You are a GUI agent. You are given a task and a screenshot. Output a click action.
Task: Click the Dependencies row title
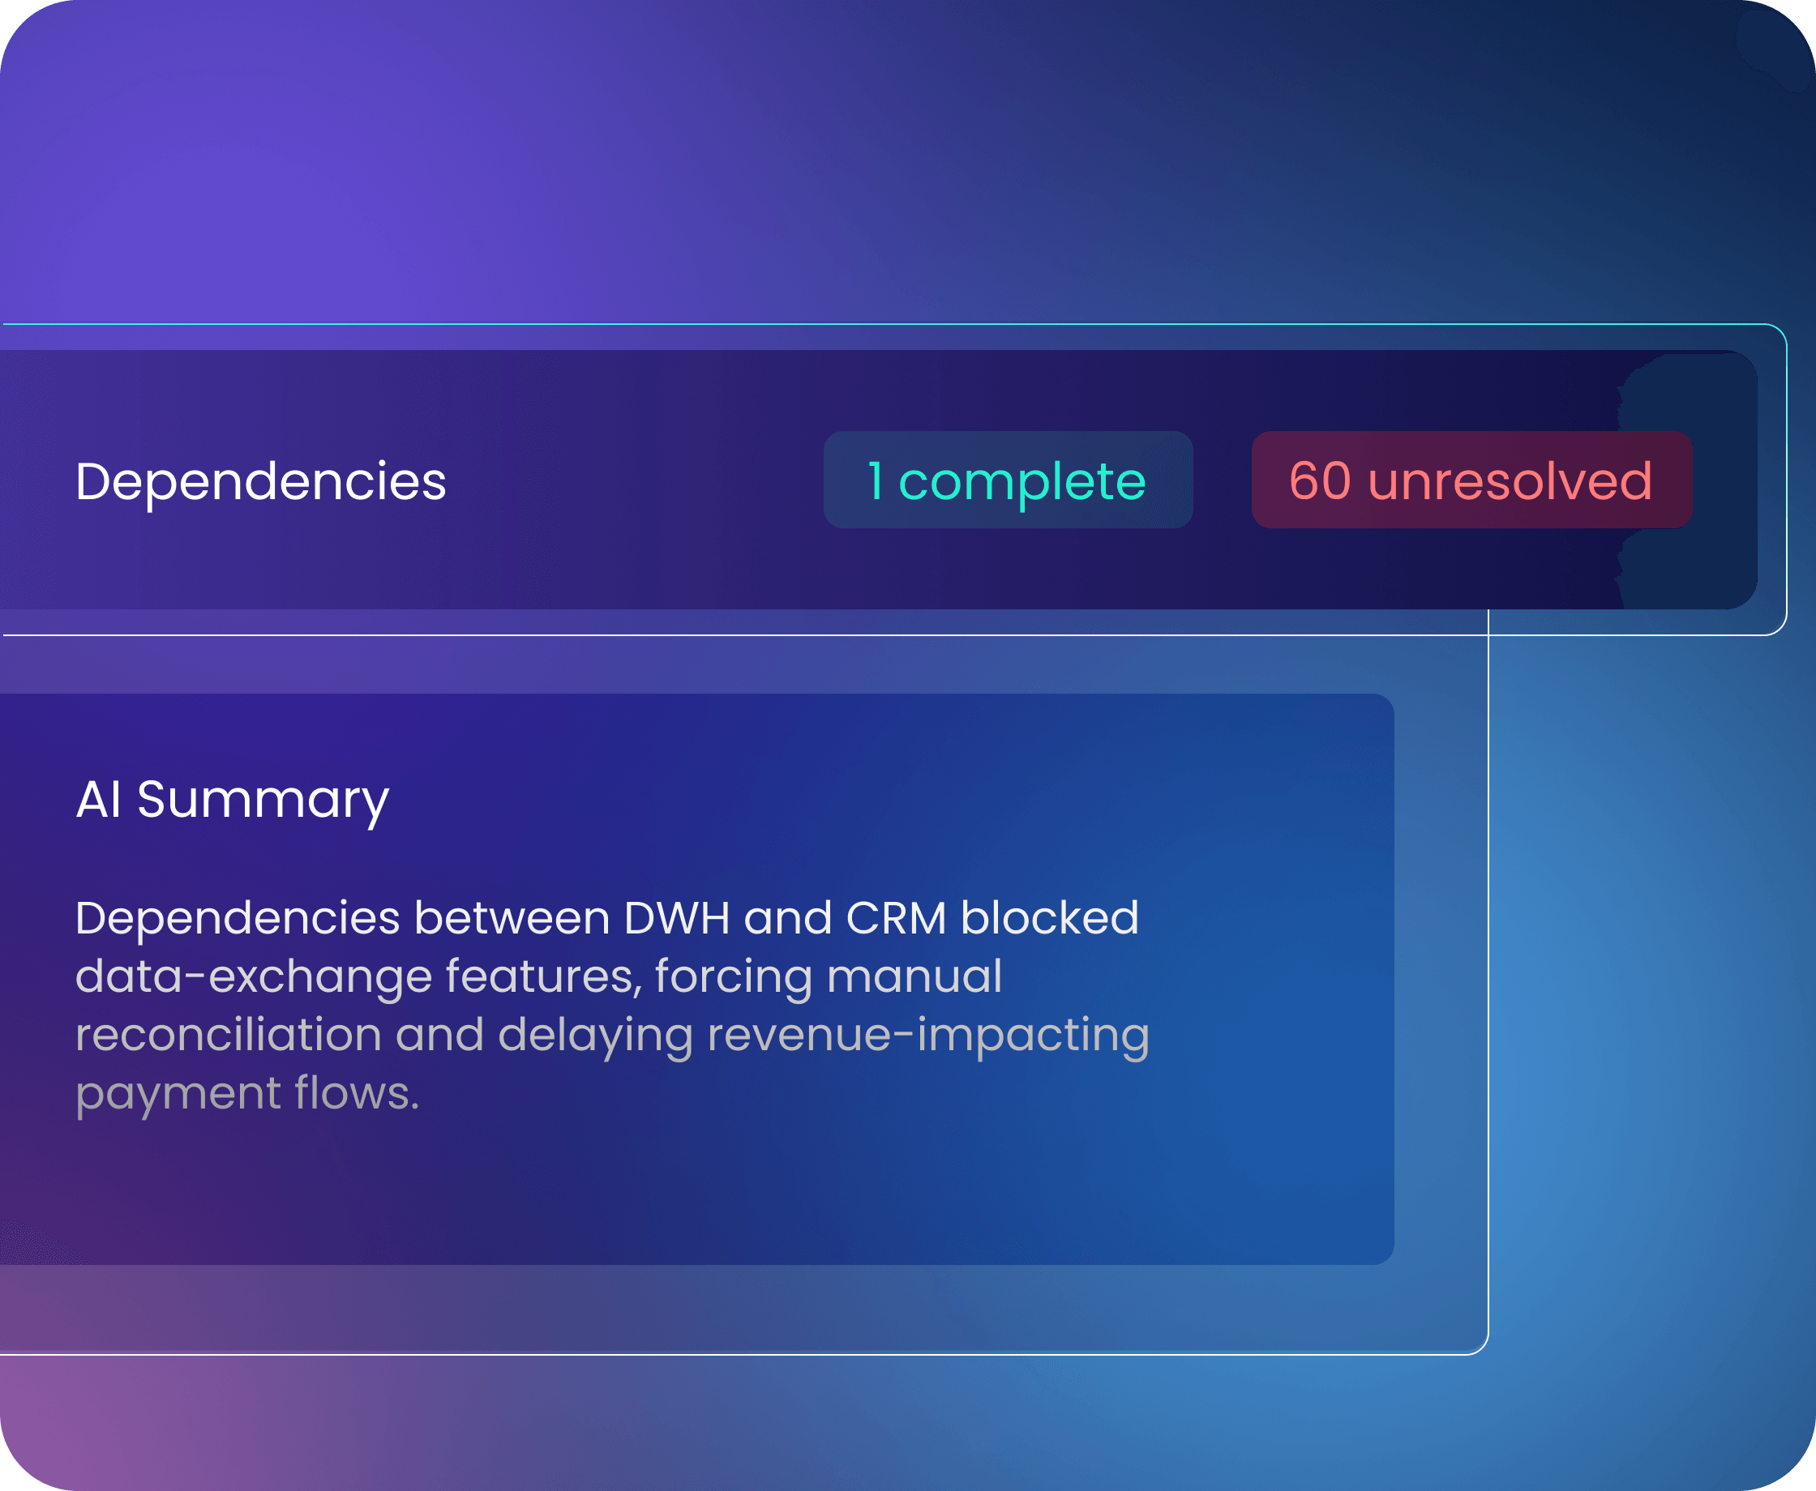tap(260, 482)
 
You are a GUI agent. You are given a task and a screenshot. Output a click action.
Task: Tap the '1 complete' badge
tap(1008, 480)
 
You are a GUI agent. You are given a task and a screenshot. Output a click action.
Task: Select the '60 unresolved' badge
tap(1471, 480)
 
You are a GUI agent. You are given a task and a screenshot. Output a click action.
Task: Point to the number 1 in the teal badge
tap(876, 481)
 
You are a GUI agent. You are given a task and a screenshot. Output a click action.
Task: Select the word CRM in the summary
tap(896, 918)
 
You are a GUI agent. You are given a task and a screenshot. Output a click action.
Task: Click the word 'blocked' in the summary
tap(1050, 917)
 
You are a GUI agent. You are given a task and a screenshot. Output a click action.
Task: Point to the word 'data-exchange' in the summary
tap(254, 976)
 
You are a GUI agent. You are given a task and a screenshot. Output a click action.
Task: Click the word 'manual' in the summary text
tap(914, 976)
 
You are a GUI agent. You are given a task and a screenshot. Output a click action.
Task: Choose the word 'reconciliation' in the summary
tap(229, 1034)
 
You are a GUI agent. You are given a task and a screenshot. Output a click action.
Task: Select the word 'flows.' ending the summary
tap(358, 1092)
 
